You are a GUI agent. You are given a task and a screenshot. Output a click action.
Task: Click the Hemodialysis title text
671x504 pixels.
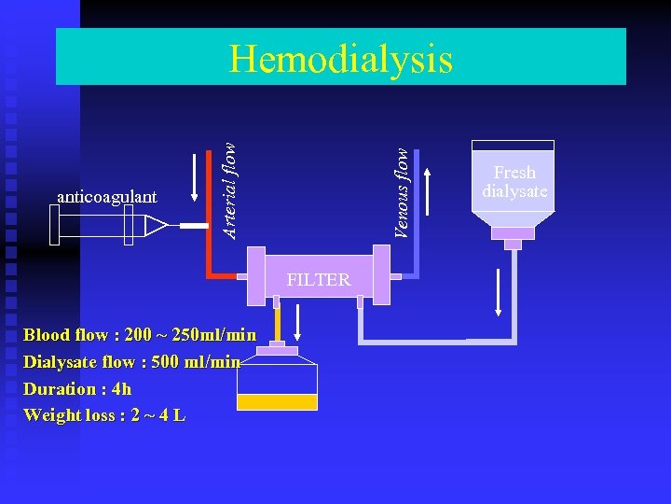pyautogui.click(x=341, y=59)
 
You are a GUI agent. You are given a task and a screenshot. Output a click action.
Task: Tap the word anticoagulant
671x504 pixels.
pyautogui.click(x=106, y=196)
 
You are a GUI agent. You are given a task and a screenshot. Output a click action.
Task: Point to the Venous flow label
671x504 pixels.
pyautogui.click(x=401, y=192)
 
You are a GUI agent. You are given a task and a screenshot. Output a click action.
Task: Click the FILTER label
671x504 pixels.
pyautogui.click(x=319, y=280)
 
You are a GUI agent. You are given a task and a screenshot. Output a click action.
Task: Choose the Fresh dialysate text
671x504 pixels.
pyautogui.click(x=514, y=182)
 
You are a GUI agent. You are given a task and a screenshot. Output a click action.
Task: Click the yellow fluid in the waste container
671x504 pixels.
pyautogui.click(x=277, y=402)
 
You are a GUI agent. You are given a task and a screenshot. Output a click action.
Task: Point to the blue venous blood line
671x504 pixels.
pyautogui.click(x=417, y=215)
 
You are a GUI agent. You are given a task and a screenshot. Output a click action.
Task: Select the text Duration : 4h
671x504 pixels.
pyautogui.click(x=77, y=388)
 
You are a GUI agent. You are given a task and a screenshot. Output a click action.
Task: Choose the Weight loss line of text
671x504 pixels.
pyautogui.click(x=104, y=415)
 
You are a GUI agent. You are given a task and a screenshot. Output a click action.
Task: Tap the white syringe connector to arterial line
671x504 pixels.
pyautogui.click(x=194, y=227)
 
